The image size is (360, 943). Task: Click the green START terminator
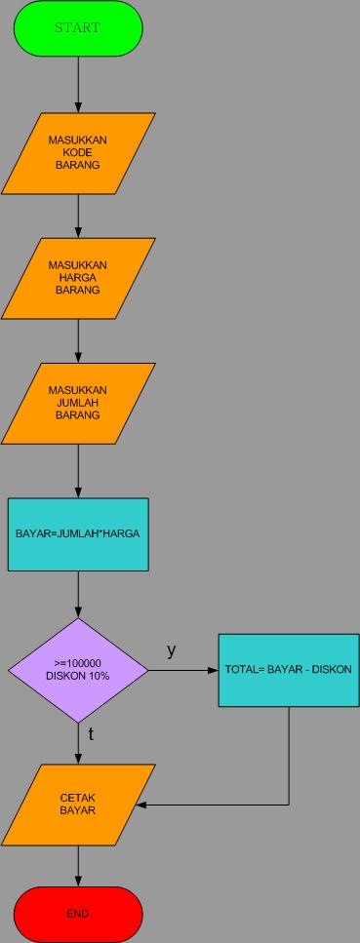click(x=78, y=28)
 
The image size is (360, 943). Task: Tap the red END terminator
click(x=78, y=914)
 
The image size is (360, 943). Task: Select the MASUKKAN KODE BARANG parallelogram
click(x=78, y=153)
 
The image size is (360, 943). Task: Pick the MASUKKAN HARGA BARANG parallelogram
click(x=78, y=278)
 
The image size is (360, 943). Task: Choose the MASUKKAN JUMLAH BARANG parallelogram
click(x=78, y=403)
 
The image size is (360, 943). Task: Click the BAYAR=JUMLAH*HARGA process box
click(x=78, y=534)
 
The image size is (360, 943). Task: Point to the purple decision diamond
click(x=78, y=671)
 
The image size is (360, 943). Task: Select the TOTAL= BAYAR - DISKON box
click(x=288, y=670)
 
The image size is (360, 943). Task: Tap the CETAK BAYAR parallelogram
click(x=78, y=805)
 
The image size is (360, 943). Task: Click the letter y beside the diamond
click(x=171, y=650)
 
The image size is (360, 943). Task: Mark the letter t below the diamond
click(x=91, y=734)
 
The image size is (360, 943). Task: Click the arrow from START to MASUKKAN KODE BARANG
click(x=78, y=84)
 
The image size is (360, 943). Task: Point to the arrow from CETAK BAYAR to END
click(x=78, y=866)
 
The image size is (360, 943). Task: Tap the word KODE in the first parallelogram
click(x=78, y=153)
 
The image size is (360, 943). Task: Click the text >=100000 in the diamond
click(x=78, y=663)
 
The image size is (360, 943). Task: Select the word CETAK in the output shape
click(x=78, y=798)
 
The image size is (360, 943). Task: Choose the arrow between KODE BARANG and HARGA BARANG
click(x=78, y=216)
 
